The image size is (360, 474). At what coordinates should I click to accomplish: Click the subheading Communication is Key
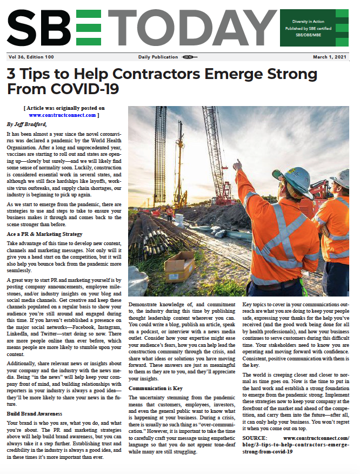155,388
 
